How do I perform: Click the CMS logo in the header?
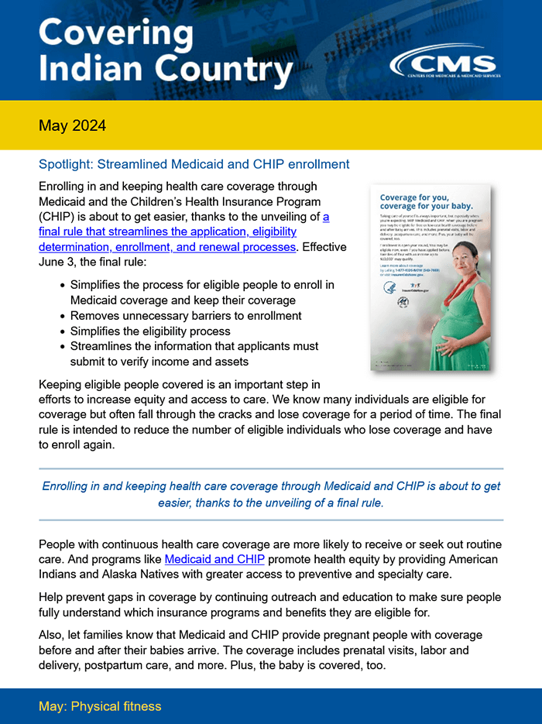(x=444, y=64)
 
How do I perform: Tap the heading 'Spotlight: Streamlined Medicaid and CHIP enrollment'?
(x=194, y=164)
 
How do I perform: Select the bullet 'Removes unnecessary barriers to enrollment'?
(x=186, y=316)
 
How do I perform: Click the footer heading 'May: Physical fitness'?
(x=100, y=706)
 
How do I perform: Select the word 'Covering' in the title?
(x=115, y=34)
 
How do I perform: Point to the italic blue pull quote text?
(x=271, y=494)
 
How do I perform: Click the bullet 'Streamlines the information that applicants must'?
(x=194, y=346)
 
